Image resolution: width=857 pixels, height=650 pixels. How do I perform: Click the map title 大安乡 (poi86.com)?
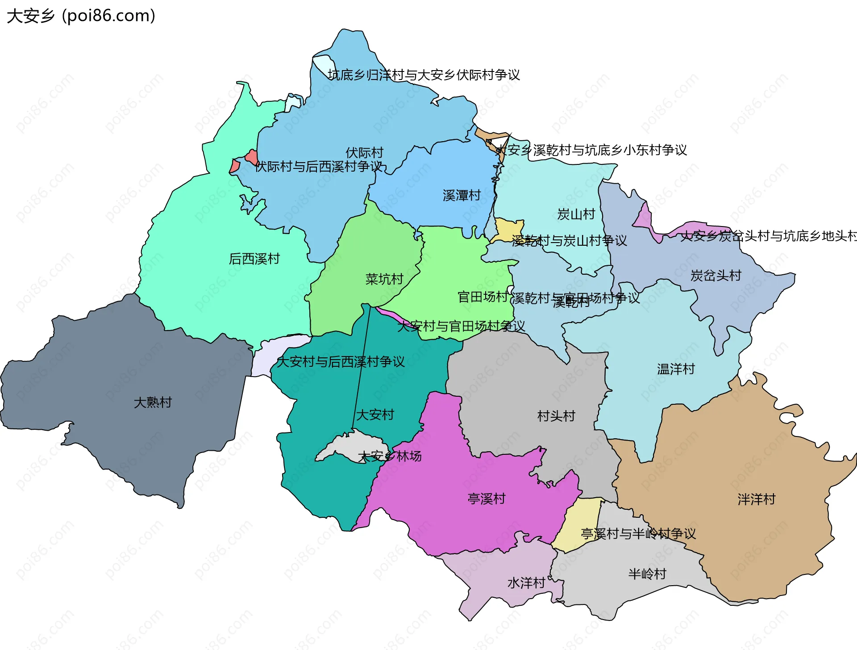coord(81,16)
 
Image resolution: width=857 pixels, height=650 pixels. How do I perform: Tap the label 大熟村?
coord(153,402)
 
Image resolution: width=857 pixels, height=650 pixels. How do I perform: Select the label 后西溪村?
coord(254,259)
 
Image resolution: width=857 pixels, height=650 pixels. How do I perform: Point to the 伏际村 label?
coord(364,153)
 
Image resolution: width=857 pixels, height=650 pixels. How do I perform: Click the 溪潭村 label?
coord(461,195)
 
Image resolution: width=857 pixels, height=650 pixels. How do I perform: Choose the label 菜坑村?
coord(384,279)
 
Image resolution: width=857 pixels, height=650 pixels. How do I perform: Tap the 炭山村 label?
coord(576,214)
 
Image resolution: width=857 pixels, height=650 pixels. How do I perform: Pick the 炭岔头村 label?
coord(716,276)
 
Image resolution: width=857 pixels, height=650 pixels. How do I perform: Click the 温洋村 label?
coord(676,369)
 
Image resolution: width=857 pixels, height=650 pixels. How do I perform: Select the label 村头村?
coord(556,416)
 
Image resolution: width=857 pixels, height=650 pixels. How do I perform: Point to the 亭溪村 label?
coord(486,499)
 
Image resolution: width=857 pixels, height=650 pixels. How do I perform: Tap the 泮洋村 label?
coord(756,499)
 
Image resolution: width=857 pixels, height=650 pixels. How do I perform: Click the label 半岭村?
coord(647,574)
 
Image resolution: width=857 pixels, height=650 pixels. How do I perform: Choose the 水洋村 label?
coord(526,583)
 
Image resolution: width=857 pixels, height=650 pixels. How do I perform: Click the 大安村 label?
coord(375,415)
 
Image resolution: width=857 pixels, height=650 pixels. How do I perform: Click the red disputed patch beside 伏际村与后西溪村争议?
coord(251,157)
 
